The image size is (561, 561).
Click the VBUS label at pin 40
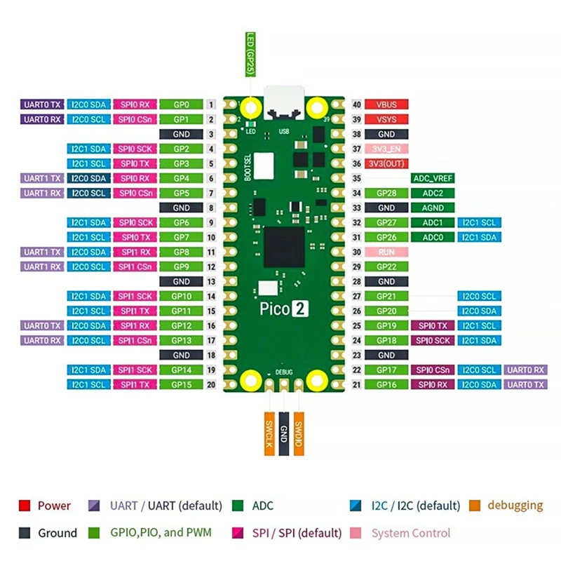point(386,104)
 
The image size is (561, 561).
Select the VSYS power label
point(386,119)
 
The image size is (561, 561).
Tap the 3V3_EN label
point(386,149)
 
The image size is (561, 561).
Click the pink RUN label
point(386,252)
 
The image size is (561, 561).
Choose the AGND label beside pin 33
point(433,208)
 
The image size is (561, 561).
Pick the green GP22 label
point(386,266)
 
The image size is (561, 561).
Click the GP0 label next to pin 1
point(181,104)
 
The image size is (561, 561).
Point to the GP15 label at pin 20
point(181,384)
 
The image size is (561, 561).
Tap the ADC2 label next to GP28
point(433,193)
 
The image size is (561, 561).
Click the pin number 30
point(357,252)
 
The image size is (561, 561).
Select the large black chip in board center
point(283,246)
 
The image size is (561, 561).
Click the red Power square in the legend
point(25,505)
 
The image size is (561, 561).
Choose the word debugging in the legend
point(515,505)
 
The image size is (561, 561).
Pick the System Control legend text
point(410,533)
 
